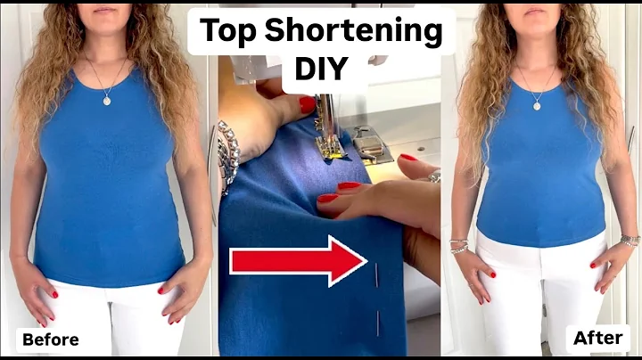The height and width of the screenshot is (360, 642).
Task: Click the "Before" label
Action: pyautogui.click(x=50, y=340)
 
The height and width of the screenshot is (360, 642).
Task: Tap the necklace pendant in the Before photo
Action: pyautogui.click(x=108, y=100)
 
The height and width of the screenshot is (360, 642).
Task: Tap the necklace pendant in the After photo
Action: pyautogui.click(x=538, y=105)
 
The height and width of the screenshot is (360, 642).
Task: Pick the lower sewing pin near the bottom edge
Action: pyautogui.click(x=378, y=323)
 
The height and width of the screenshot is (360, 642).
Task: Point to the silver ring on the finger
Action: pyautogui.click(x=434, y=176)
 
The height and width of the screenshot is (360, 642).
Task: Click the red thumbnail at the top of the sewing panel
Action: pyautogui.click(x=307, y=104)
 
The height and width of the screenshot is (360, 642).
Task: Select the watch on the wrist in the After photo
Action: pyautogui.click(x=630, y=240)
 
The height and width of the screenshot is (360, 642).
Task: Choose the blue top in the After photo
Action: pyautogui.click(x=540, y=178)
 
